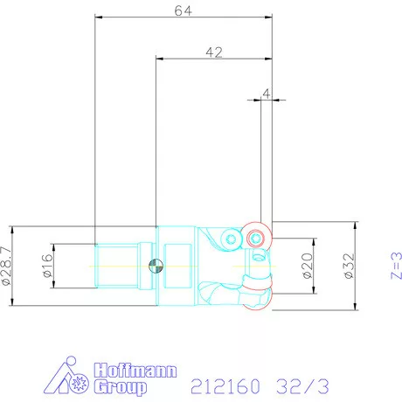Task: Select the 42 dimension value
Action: tap(212, 52)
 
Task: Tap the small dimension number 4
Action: tap(267, 91)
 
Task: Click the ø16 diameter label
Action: tap(47, 264)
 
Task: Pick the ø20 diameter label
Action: tap(307, 264)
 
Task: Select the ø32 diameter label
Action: tap(347, 264)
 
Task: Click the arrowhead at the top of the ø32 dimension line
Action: tap(356, 225)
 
